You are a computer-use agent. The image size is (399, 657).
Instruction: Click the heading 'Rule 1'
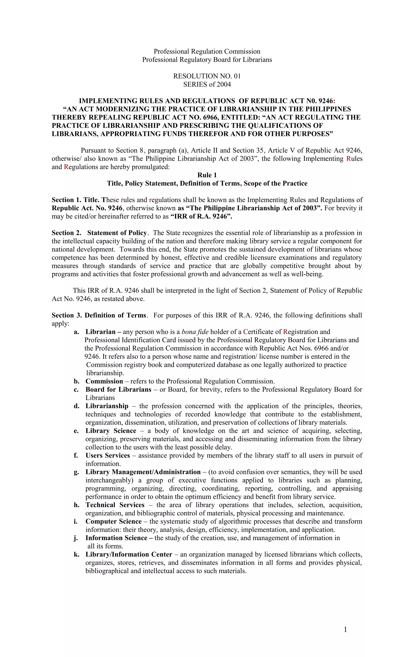(207, 175)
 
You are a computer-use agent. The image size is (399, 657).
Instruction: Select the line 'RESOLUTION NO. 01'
(207, 76)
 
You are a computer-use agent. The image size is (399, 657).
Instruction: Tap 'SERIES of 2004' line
(207, 85)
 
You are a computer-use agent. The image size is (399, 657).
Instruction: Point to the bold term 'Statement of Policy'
(117, 233)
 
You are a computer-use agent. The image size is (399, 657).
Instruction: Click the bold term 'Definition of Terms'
(115, 315)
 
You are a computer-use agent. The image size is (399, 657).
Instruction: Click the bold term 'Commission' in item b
(104, 381)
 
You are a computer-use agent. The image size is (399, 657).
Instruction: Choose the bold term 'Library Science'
(111, 431)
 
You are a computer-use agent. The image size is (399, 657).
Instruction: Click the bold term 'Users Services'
(108, 455)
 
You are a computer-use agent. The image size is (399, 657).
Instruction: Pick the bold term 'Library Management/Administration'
(143, 472)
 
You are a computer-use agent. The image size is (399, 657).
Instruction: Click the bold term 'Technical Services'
(115, 505)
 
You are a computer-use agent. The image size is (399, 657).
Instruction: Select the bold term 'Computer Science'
(113, 522)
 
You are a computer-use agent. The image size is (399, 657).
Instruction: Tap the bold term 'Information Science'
(116, 538)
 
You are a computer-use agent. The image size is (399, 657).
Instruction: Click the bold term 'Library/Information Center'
(129, 554)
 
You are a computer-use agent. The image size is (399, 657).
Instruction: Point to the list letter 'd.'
(77, 406)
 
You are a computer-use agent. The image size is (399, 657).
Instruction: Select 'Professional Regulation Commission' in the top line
(207, 51)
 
